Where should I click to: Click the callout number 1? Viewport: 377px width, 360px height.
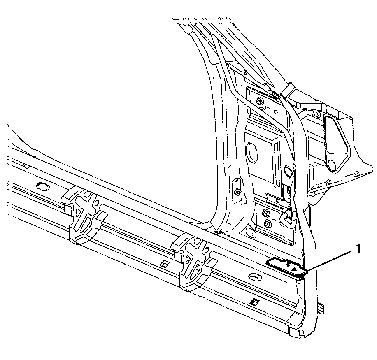click(x=358, y=249)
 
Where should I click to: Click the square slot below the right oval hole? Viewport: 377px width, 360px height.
click(x=254, y=302)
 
